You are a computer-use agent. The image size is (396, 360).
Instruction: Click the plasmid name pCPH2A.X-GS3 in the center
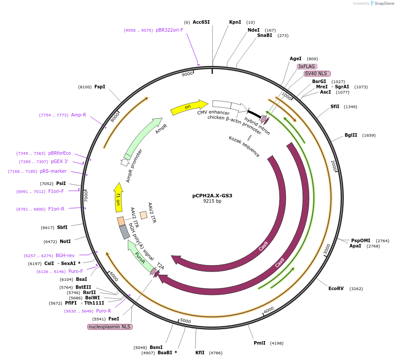[212, 196]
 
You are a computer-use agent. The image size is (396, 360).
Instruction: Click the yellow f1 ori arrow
[118, 197]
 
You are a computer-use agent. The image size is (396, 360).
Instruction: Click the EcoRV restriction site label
[336, 288]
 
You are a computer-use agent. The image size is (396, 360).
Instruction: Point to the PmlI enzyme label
[259, 343]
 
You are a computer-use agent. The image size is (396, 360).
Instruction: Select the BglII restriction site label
[351, 135]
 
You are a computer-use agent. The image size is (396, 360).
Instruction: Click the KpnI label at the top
[235, 22]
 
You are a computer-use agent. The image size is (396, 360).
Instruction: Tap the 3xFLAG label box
[307, 66]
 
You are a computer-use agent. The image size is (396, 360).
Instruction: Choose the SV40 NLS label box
[317, 73]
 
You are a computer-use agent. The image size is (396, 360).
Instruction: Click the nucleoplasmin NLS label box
[110, 327]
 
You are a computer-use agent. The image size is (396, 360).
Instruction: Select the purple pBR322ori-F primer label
[169, 30]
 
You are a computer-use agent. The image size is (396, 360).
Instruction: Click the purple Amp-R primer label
[79, 115]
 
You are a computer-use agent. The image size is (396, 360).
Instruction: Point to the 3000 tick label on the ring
[327, 249]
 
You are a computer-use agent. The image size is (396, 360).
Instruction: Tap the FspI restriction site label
[100, 87]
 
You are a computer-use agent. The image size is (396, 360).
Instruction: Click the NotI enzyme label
[65, 241]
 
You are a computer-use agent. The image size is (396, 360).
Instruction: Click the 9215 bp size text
[212, 201]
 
